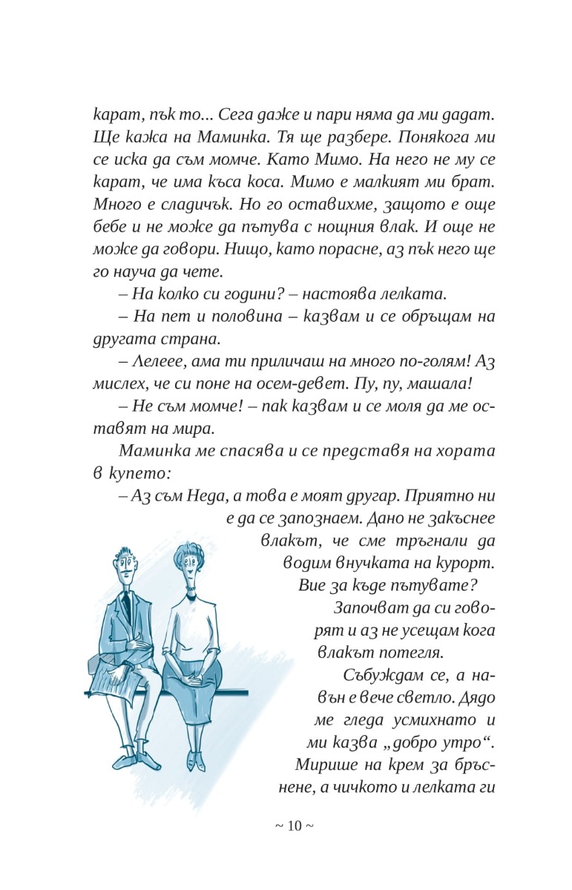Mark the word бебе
pos(110,225)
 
